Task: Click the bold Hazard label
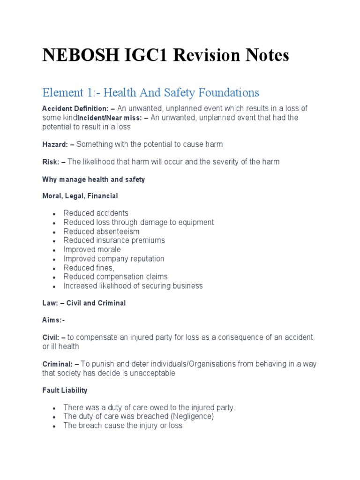[x=54, y=144]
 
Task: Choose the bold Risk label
[x=50, y=162]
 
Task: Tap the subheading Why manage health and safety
[x=93, y=180]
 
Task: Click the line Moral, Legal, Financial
[x=80, y=196]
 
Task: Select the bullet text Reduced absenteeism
[x=101, y=232]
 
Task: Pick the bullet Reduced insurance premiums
[x=114, y=240]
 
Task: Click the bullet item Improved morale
[x=92, y=249]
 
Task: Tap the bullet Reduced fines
[x=89, y=268]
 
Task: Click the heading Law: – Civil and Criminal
[x=84, y=303]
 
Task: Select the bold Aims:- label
[x=54, y=321]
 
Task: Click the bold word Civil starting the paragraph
[x=50, y=337]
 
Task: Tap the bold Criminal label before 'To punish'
[x=57, y=364]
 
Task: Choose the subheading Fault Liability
[x=65, y=390]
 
